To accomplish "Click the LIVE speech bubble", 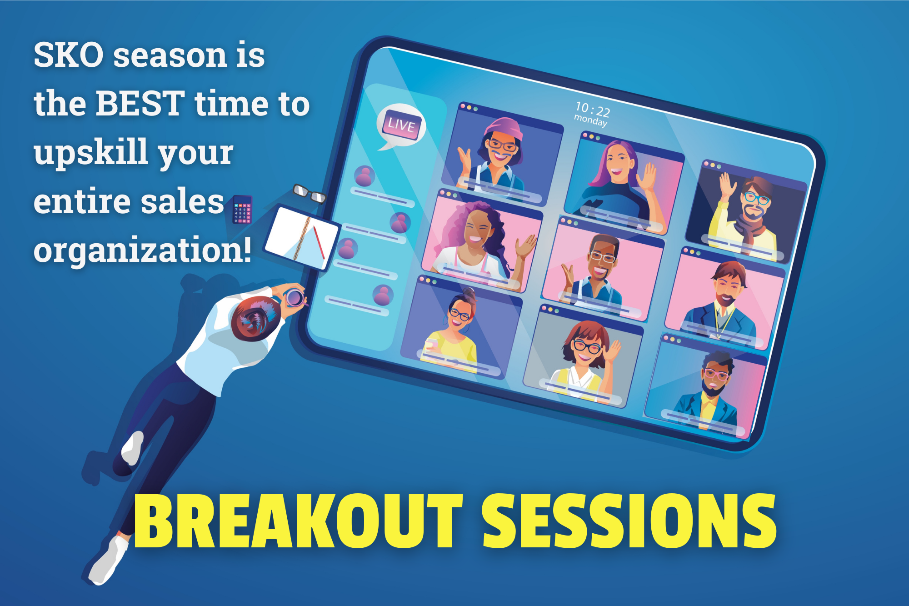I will coord(401,125).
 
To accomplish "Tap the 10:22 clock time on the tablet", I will coord(592,109).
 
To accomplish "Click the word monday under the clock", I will coord(590,120).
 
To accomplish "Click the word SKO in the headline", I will coord(68,55).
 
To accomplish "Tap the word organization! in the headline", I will coord(142,250).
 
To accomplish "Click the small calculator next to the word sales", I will coord(242,210).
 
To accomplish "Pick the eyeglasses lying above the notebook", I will coord(309,194).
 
